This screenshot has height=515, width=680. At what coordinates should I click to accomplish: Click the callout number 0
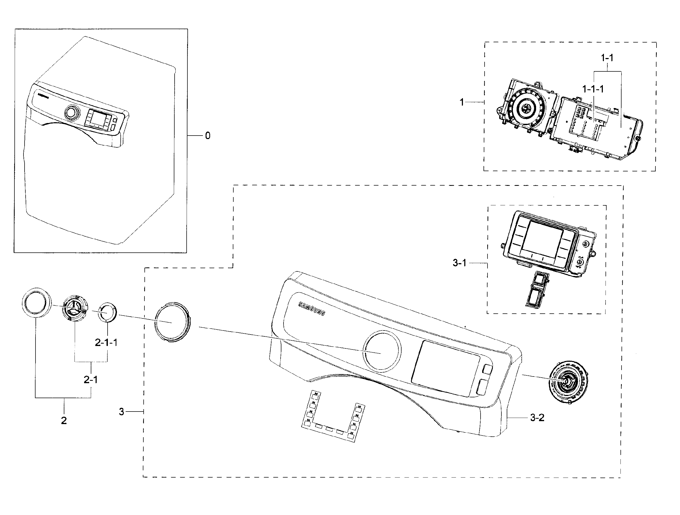pyautogui.click(x=208, y=136)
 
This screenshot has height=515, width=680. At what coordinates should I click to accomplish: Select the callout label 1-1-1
pyautogui.click(x=593, y=89)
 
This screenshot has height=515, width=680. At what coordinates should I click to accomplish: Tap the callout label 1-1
pyautogui.click(x=607, y=57)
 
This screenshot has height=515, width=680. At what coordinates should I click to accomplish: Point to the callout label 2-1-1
pyautogui.click(x=106, y=343)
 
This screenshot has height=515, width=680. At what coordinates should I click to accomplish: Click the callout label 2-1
pyautogui.click(x=91, y=380)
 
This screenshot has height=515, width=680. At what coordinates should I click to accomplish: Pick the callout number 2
pyautogui.click(x=64, y=421)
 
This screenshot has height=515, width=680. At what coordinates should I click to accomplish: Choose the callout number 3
pyautogui.click(x=122, y=412)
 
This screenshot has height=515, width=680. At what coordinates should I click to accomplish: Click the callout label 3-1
pyautogui.click(x=459, y=263)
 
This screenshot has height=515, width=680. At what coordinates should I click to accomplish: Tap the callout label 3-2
pyautogui.click(x=537, y=418)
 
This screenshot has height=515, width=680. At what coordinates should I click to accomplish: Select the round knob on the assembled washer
pyautogui.click(x=71, y=113)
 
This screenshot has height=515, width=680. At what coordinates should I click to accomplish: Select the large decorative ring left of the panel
pyautogui.click(x=172, y=321)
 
